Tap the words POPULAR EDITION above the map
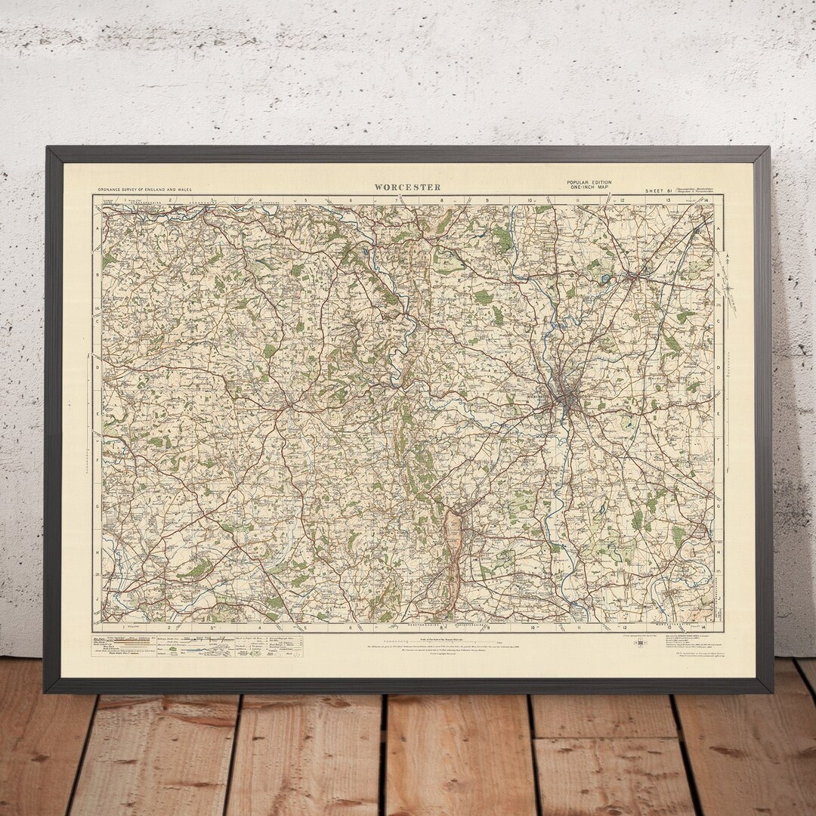pyautogui.click(x=589, y=182)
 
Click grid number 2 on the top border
pyautogui.click(x=171, y=200)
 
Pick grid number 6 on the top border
pyautogui.click(x=351, y=200)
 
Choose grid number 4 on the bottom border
pyautogui.click(x=260, y=627)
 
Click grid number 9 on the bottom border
pyautogui.click(x=488, y=627)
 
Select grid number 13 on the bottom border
pyautogui.click(x=670, y=627)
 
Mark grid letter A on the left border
pyautogui.click(x=97, y=227)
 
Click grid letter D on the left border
pyautogui.click(x=97, y=368)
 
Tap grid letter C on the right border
pyautogui.click(x=719, y=320)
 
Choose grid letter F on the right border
pyautogui.click(x=719, y=460)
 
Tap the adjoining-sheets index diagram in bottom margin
pyautogui.click(x=641, y=643)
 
